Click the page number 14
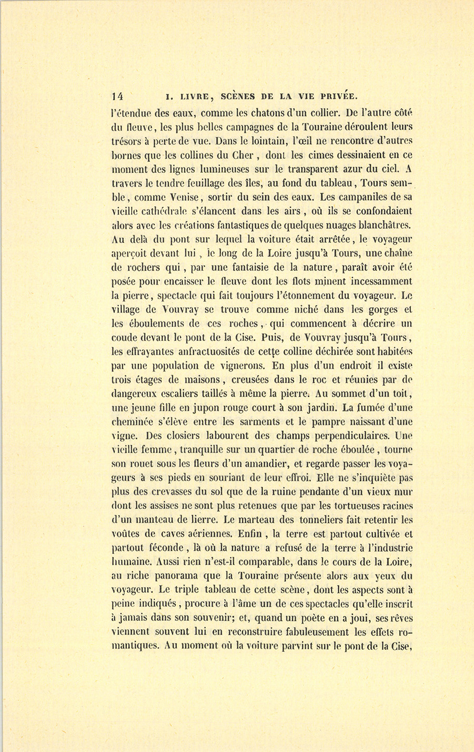(117, 96)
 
